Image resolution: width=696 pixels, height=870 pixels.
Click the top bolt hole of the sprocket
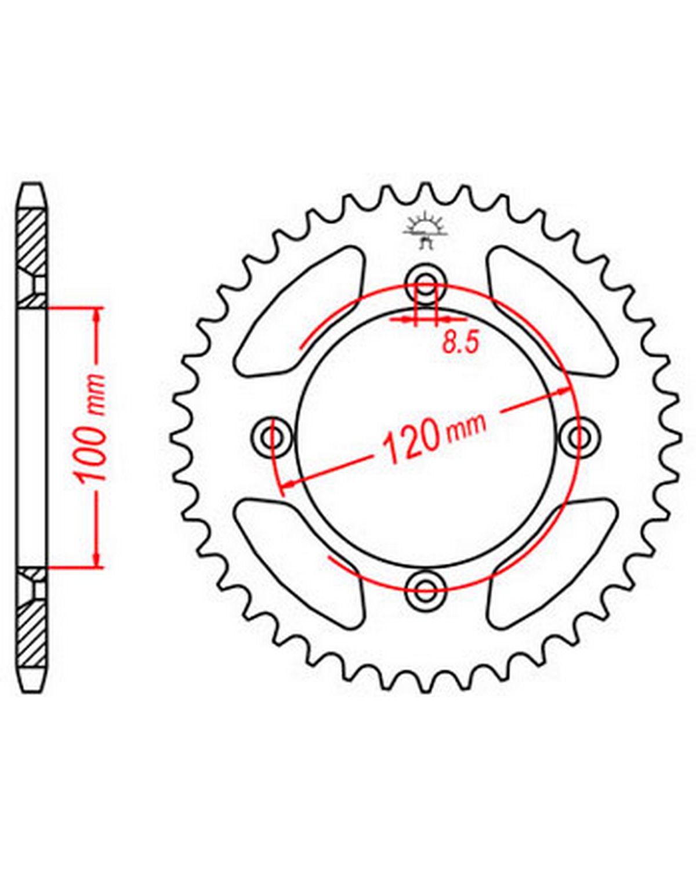pyautogui.click(x=426, y=281)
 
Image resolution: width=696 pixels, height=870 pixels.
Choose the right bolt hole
pyautogui.click(x=578, y=436)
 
